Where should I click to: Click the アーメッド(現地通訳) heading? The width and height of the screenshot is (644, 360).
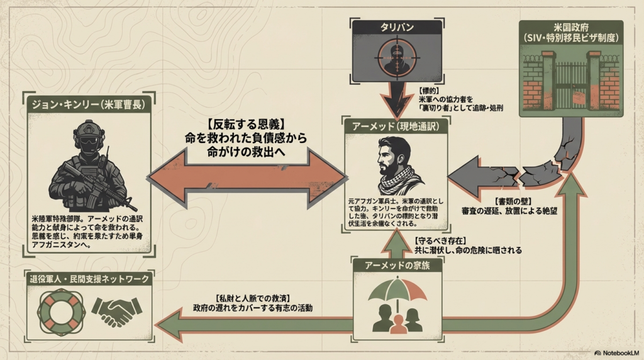pos(396,125)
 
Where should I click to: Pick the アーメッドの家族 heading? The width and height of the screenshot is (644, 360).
pos(396,265)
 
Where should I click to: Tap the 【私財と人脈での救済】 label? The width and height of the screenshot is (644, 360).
pos(252,297)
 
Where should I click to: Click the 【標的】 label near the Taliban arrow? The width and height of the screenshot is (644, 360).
pos(430,91)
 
